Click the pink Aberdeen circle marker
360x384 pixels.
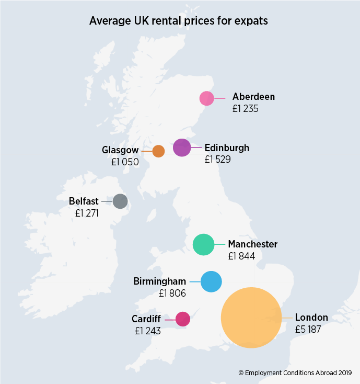tap(207, 98)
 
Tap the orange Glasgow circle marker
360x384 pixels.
tap(158, 151)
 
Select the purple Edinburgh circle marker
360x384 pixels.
tap(182, 148)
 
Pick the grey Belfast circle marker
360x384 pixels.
tap(120, 201)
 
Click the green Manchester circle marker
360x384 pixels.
tap(203, 244)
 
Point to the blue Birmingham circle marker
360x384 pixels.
tap(211, 281)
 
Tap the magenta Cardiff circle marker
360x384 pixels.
tap(182, 319)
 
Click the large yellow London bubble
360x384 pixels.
tap(251, 318)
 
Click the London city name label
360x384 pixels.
tap(311, 318)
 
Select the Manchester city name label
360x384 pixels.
tap(252, 244)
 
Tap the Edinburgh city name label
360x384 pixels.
tap(227, 148)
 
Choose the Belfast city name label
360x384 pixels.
tap(84, 201)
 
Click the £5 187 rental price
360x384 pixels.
tap(308, 330)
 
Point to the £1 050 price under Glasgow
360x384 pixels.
tap(125, 162)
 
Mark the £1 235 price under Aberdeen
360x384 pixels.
tap(246, 109)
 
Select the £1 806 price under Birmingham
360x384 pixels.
tap(172, 293)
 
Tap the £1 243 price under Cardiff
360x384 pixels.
tap(147, 331)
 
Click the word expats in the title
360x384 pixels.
tap(248, 21)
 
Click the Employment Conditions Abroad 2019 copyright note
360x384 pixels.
tap(296, 373)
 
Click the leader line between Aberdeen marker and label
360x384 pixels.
tap(219, 98)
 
